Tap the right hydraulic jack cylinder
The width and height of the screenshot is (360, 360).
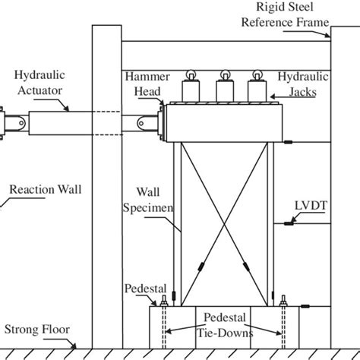(x=258, y=93)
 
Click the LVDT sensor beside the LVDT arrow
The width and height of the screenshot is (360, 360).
(x=288, y=224)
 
